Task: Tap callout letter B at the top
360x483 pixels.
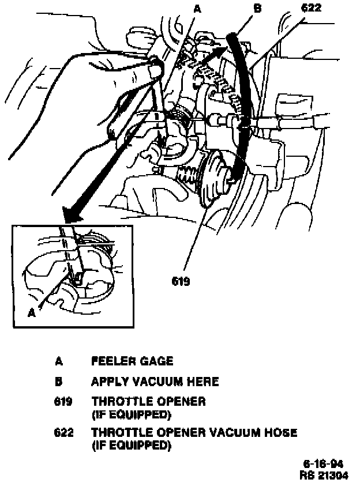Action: pyautogui.click(x=257, y=8)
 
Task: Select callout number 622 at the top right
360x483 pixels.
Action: pyautogui.click(x=311, y=7)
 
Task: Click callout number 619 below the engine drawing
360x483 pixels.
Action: pyautogui.click(x=181, y=282)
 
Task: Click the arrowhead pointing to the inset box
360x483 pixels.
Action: pyautogui.click(x=73, y=216)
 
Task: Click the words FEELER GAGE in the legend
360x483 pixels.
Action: pyautogui.click(x=132, y=361)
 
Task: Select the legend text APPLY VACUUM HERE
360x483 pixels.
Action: pyautogui.click(x=155, y=382)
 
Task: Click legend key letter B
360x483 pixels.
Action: pyautogui.click(x=58, y=382)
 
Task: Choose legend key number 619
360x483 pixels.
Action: pyautogui.click(x=63, y=401)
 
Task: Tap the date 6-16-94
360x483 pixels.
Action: pyautogui.click(x=323, y=464)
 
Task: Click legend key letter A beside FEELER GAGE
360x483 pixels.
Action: pyautogui.click(x=58, y=361)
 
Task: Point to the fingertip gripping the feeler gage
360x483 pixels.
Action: pyautogui.click(x=155, y=69)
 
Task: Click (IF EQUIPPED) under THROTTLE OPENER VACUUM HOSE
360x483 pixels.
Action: pyautogui.click(x=131, y=446)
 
